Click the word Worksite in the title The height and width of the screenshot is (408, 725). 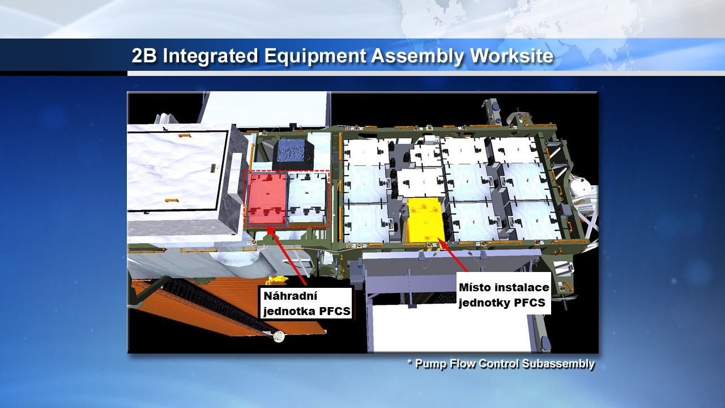coord(511,56)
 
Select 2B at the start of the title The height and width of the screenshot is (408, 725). coord(144,56)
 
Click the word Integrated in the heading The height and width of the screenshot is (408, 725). coord(210,56)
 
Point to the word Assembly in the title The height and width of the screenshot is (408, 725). coord(418,56)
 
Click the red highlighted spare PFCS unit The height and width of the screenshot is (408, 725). coord(267,198)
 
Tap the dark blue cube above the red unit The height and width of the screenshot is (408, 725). coord(293,155)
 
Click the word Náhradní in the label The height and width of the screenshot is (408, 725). coord(291,296)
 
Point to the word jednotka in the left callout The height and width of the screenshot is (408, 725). coord(289,311)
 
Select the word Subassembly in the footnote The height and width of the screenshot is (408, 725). coord(558,364)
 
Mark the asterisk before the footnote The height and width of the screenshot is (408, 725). coord(410,362)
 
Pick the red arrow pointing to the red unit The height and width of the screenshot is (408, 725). coord(287,256)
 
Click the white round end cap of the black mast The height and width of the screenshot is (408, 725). coord(279,337)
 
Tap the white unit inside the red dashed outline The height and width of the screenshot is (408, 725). coord(307,198)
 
